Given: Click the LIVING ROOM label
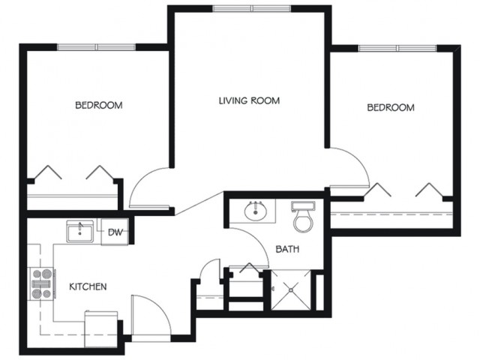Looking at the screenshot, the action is point(249,100).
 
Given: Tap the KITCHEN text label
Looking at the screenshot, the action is point(88,286).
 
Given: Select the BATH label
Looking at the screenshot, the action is point(287,249).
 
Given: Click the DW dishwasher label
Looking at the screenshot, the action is point(115,232).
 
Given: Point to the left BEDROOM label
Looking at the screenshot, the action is point(99,105).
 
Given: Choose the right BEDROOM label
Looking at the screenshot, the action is point(391,107).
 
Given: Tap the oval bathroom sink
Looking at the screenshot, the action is point(256,211).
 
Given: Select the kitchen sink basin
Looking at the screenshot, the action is point(80,232).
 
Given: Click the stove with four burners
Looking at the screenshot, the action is point(42,283).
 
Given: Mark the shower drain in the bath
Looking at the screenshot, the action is point(291,289).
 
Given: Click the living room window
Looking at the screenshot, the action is point(252,8).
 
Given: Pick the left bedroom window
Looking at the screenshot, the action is point(97,47).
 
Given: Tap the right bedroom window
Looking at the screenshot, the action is point(397,48).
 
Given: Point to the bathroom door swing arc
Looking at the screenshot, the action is point(258,240).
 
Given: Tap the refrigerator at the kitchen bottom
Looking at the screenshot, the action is point(101,328).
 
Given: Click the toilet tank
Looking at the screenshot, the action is point(303,206).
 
